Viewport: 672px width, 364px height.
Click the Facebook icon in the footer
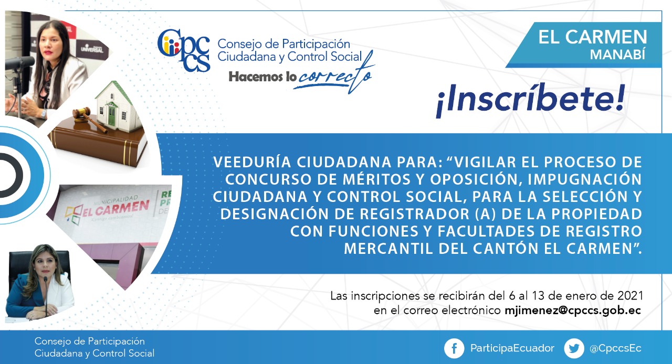pyautogui.click(x=454, y=348)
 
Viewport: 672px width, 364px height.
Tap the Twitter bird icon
pyautogui.click(x=574, y=348)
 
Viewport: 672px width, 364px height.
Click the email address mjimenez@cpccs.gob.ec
pyautogui.click(x=573, y=311)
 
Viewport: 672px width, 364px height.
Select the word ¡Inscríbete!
pyautogui.click(x=530, y=100)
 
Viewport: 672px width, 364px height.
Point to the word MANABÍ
pyautogui.click(x=618, y=55)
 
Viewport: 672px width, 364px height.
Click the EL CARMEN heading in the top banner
pyautogui.click(x=593, y=37)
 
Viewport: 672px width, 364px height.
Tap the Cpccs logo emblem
pyautogui.click(x=184, y=50)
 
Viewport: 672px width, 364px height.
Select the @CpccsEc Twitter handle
pyautogui.click(x=615, y=348)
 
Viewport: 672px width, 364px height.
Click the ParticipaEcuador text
pyautogui.click(x=512, y=348)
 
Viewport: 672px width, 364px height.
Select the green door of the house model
pyautogui.click(x=111, y=115)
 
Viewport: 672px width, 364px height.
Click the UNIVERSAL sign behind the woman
pyautogui.click(x=92, y=49)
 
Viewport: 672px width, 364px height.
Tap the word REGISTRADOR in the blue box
pyautogui.click(x=415, y=214)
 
